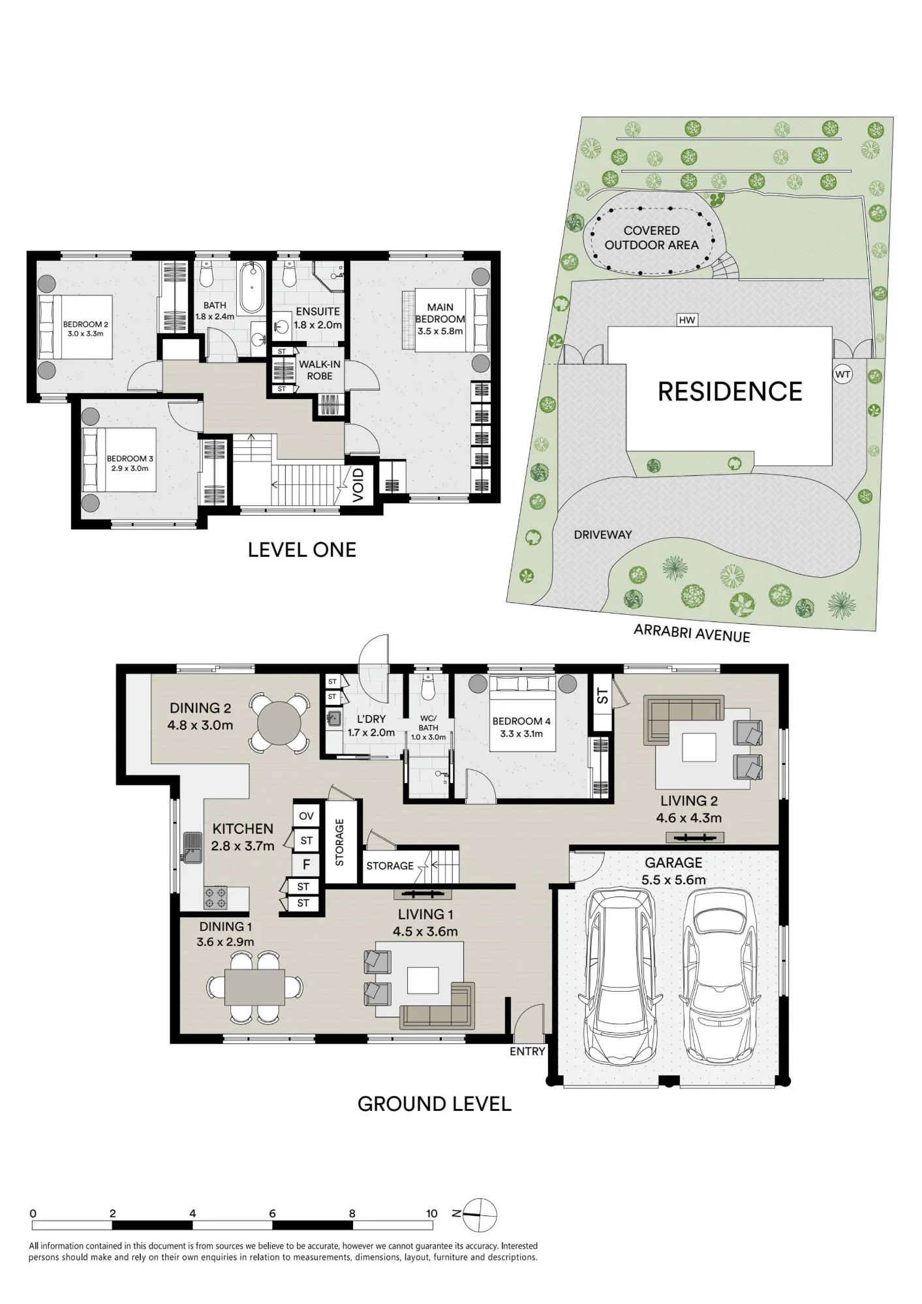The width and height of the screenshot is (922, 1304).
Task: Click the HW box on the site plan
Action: (687, 319)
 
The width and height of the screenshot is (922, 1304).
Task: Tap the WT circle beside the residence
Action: (843, 374)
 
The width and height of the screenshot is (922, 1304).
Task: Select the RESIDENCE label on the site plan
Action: (730, 391)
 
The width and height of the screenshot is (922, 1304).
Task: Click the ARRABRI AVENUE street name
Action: (692, 632)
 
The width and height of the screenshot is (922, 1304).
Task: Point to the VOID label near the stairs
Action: (358, 485)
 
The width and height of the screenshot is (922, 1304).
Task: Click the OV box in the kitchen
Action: (307, 816)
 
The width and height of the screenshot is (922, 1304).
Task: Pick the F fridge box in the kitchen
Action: (307, 865)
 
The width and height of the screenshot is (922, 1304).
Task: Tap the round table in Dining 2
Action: (279, 723)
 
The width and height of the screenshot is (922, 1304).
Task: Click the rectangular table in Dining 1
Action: (254, 987)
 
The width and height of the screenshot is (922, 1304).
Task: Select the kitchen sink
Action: (192, 848)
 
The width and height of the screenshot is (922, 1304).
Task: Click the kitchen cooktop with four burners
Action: (215, 897)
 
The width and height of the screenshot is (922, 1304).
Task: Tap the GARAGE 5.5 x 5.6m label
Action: (673, 871)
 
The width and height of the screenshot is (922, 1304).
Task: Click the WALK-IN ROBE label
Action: (320, 370)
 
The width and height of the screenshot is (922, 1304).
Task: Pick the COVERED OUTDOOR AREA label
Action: (651, 238)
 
